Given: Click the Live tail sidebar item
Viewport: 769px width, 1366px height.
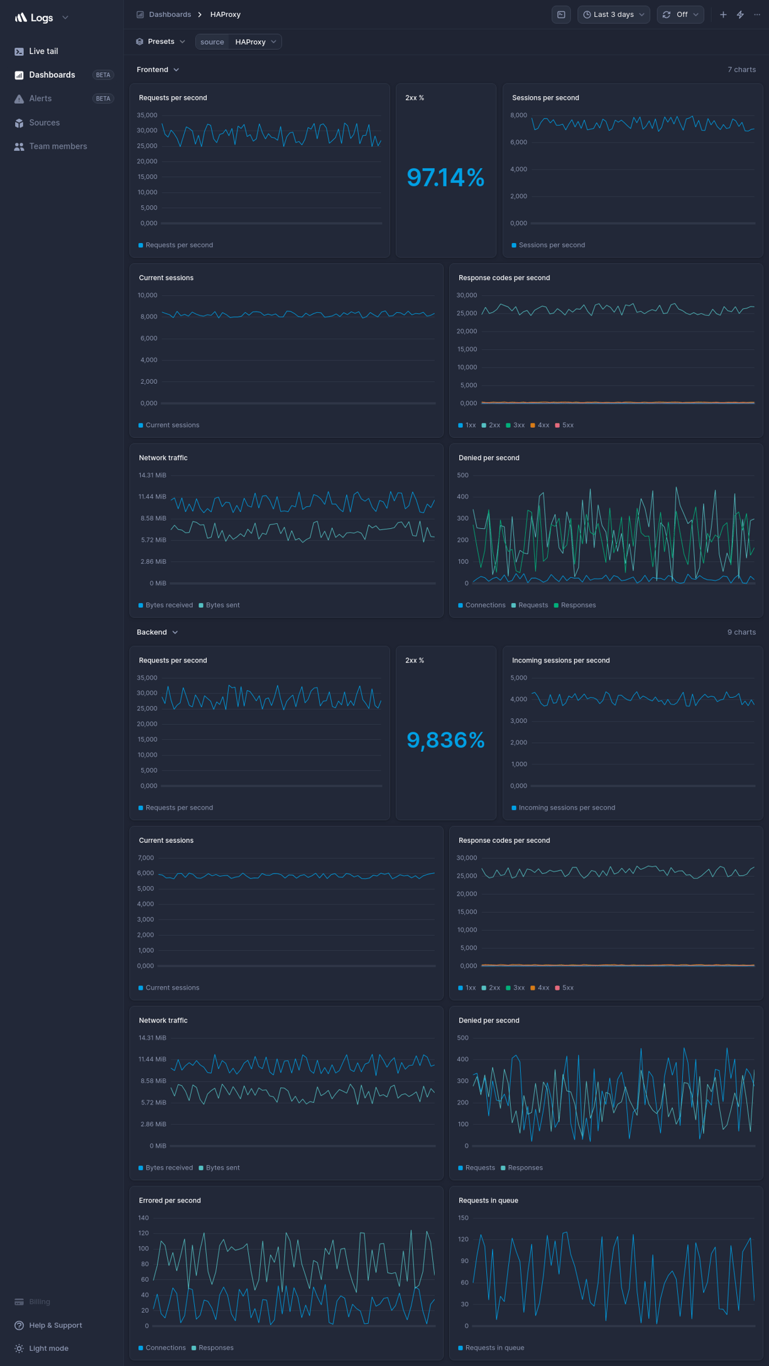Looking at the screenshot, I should (x=43, y=51).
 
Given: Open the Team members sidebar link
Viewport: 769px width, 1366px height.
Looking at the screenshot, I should (x=57, y=146).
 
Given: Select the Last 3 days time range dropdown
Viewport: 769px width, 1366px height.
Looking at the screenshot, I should (x=613, y=14).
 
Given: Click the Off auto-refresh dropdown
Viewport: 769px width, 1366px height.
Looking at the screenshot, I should (x=680, y=14).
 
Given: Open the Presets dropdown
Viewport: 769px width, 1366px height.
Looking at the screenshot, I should (x=161, y=41).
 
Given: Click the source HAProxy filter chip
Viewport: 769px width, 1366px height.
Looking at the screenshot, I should (x=238, y=42).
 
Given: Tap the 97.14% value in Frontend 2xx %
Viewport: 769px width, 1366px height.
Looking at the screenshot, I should (x=445, y=178).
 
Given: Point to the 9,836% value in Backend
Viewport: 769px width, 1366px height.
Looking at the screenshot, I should (x=445, y=740).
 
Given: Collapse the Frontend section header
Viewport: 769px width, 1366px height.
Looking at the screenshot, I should (x=158, y=70).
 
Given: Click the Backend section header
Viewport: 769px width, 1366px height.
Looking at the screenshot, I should (x=157, y=632).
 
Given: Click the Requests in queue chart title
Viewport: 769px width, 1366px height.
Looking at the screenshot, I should (x=488, y=1200).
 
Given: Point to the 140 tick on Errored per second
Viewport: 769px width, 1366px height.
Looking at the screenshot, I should (x=143, y=1218).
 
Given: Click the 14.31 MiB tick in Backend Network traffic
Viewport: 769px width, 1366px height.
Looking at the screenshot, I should (x=152, y=1038).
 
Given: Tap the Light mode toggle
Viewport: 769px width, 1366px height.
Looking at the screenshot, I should (x=48, y=1348).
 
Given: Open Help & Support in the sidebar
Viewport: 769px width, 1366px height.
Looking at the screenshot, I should (x=55, y=1325).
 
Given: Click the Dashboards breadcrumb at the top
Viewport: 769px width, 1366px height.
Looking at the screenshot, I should (x=170, y=14).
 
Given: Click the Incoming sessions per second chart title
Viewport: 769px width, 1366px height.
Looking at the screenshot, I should (x=560, y=660).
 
